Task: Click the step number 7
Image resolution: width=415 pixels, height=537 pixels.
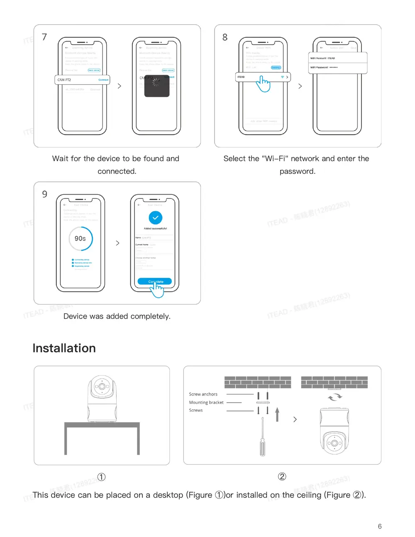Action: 44,37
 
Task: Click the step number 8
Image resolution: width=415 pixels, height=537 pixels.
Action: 225,37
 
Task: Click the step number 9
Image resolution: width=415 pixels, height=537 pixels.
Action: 44,194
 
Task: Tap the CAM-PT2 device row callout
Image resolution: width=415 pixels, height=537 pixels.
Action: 82,80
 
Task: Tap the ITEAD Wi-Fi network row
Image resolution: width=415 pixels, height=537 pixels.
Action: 262,77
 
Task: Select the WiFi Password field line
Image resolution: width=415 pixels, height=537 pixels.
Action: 337,68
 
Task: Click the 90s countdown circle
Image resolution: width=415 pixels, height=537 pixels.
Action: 81,239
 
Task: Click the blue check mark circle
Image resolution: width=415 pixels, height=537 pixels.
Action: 155,217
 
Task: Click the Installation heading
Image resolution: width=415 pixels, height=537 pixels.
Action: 64,348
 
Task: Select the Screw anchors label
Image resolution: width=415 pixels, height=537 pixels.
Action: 203,394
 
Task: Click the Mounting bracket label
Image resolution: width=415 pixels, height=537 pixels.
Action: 206,403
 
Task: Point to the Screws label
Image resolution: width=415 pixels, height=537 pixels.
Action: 195,410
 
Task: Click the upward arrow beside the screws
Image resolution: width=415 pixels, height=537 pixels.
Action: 277,414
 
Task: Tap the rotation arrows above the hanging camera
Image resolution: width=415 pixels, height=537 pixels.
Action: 334,398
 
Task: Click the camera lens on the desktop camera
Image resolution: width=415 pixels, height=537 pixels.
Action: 101,386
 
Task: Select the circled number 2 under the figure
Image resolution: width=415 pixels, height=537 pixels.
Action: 282,476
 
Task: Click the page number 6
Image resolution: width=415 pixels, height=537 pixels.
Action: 379,526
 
